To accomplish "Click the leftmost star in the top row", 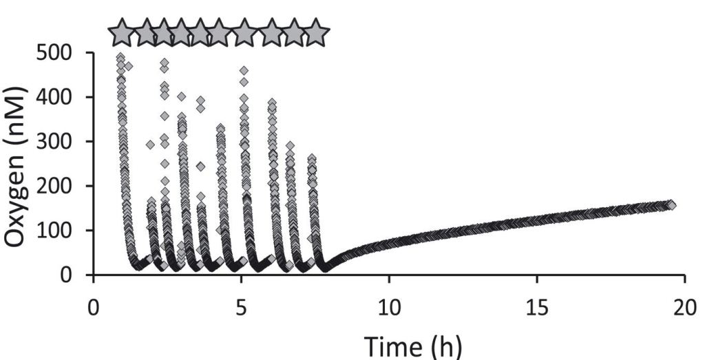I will click(122, 32).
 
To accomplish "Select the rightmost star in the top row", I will click(316, 32).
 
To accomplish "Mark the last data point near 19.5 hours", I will click(671, 204).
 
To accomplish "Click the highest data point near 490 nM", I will click(120, 57).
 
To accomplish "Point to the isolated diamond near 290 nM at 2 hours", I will click(150, 145).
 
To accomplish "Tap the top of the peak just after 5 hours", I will click(244, 70).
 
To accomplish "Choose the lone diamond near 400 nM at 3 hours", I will click(182, 96).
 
